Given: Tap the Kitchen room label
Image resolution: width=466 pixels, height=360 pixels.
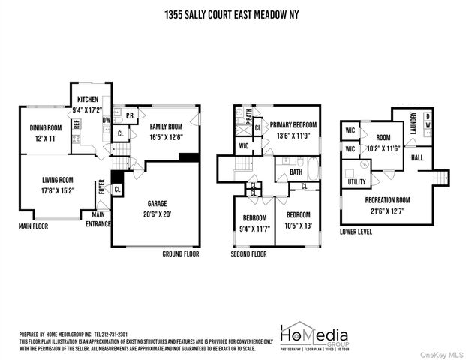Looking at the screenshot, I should click(86, 100).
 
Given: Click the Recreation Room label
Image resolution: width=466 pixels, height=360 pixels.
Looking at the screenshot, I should click(387, 199).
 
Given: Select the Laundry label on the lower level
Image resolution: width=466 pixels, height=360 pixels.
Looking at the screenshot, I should click(413, 126).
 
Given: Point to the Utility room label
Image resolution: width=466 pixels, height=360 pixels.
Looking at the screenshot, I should click(356, 182).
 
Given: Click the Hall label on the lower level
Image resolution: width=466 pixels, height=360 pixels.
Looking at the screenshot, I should click(417, 159).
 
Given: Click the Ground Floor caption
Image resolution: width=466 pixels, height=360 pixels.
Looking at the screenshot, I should click(180, 254).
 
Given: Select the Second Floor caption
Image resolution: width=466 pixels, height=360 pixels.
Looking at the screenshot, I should click(248, 254).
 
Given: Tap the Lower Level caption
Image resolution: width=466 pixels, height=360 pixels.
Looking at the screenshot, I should click(356, 232).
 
